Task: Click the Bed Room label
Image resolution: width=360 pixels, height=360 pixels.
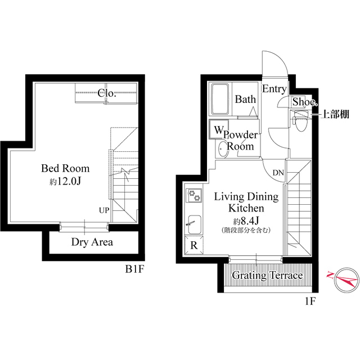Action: (65, 168)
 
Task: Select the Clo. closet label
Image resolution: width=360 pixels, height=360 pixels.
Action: (107, 93)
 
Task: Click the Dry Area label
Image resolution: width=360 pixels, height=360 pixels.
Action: (92, 242)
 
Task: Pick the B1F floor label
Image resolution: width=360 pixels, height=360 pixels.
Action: (135, 269)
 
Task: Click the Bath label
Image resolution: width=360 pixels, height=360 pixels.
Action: (245, 100)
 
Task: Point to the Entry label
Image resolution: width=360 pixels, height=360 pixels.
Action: (274, 89)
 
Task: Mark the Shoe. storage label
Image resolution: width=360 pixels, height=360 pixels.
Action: (304, 102)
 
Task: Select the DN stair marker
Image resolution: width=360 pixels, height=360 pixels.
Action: (278, 173)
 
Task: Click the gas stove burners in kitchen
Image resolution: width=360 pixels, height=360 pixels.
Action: (194, 195)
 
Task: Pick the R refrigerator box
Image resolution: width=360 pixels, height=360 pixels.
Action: (194, 245)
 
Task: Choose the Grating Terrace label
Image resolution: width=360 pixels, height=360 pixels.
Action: (268, 276)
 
